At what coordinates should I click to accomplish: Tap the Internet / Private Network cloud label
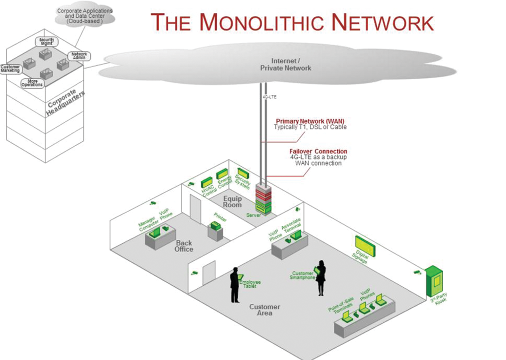click(285, 64)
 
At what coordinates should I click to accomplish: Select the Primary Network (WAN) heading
click(310, 121)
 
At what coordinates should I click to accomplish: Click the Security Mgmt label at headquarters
click(47, 41)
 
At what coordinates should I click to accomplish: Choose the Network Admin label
click(79, 56)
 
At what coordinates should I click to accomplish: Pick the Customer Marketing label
click(10, 68)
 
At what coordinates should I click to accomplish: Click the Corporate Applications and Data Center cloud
click(85, 15)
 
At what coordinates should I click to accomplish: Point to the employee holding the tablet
click(235, 284)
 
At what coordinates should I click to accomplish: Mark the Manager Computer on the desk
click(154, 232)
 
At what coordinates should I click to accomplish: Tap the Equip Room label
click(232, 201)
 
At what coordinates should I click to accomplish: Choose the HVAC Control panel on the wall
click(206, 182)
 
